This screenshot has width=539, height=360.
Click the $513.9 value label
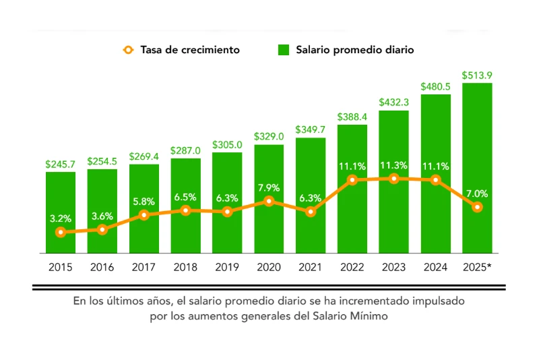point(477,75)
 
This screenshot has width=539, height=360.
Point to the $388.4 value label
point(352,117)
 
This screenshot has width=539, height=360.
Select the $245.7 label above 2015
point(61,164)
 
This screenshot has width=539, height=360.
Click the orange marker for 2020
point(269,201)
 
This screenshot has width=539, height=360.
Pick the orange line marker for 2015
point(61,232)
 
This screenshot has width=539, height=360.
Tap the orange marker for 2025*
point(477,207)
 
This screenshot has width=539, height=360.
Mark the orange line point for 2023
point(394,179)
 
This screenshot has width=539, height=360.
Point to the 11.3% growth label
point(394,164)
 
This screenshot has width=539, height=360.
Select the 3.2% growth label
point(61,218)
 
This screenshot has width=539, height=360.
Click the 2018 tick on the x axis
point(185,267)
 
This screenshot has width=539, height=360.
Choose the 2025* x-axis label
point(477,267)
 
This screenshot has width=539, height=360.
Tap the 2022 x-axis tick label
point(352,267)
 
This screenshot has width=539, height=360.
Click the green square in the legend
point(284,50)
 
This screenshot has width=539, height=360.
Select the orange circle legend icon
point(127,50)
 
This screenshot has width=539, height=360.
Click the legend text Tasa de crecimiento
point(190,50)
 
